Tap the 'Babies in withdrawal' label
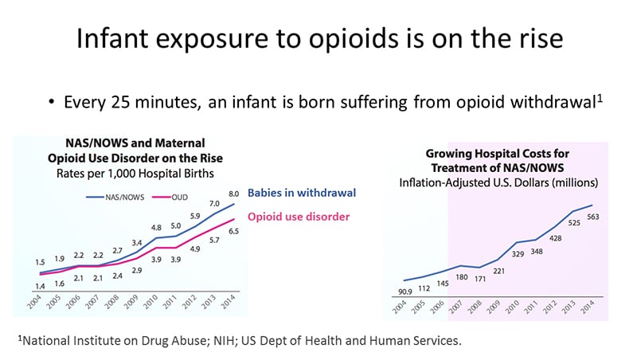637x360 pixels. pyautogui.click(x=301, y=193)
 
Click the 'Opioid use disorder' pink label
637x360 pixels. pyautogui.click(x=299, y=216)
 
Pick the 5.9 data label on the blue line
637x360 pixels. pyautogui.click(x=194, y=216)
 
